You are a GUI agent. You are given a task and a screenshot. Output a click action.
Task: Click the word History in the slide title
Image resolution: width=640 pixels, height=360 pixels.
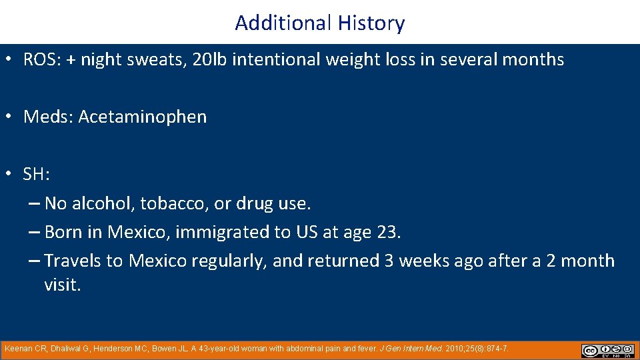(x=371, y=23)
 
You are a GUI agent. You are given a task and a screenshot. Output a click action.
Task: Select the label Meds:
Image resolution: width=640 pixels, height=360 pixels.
(x=49, y=117)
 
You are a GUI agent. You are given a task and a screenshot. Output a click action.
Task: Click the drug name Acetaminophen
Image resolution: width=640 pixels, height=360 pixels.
(x=143, y=117)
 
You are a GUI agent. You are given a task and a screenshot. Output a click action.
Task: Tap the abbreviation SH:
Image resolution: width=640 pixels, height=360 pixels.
(x=37, y=175)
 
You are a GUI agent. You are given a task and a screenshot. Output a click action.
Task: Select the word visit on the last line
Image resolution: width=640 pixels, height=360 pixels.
(x=61, y=285)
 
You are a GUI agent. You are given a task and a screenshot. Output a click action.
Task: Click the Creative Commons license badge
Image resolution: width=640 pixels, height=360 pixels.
(x=607, y=351)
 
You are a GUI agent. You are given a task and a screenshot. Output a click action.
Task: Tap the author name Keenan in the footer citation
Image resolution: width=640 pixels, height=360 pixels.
(x=19, y=349)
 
